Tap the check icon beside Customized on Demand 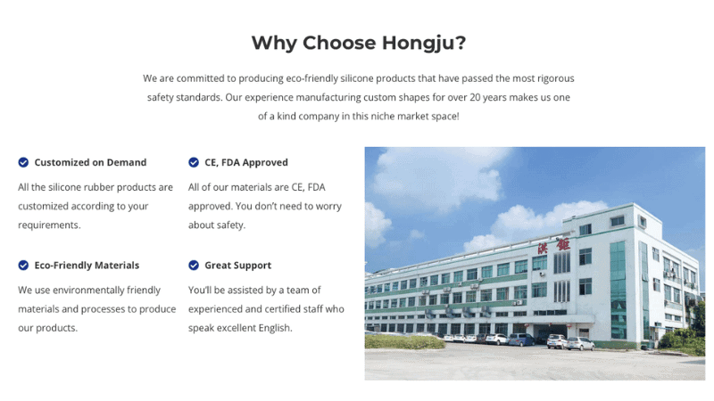(x=23, y=162)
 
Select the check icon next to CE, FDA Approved (x=194, y=162)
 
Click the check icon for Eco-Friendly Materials (x=23, y=265)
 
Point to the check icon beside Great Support (x=194, y=265)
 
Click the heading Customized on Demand (x=90, y=162)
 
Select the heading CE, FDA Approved (x=246, y=162)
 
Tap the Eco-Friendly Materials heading (x=87, y=265)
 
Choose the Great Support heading (x=237, y=265)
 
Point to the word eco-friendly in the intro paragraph (x=337, y=78)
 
